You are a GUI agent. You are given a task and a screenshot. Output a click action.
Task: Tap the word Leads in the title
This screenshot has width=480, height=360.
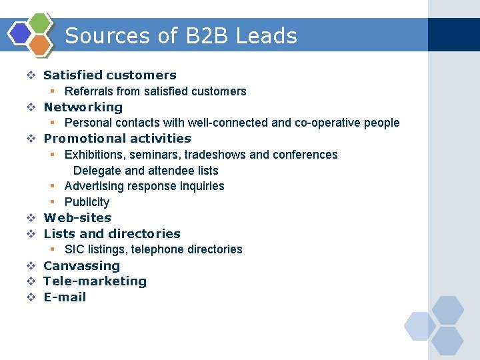coord(268,35)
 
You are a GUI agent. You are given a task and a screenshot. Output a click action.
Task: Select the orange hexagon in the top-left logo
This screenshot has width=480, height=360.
coord(40,45)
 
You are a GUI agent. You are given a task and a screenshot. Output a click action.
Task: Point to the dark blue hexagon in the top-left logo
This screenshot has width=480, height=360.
coord(21,33)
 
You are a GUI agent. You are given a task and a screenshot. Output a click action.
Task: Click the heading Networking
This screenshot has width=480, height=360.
coord(83,107)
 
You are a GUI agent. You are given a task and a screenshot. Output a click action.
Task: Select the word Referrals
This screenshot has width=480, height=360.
coord(88,91)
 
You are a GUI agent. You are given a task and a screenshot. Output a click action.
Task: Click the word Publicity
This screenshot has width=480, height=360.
coord(87,202)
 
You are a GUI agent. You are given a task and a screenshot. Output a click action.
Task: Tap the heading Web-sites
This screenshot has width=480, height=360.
coord(77,217)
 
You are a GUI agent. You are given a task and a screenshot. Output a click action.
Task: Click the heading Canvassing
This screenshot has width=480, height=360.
coord(81,265)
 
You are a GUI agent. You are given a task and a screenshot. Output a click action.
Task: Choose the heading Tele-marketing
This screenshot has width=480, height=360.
coord(95,281)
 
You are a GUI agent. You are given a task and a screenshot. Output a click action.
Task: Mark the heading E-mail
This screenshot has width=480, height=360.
coord(65,297)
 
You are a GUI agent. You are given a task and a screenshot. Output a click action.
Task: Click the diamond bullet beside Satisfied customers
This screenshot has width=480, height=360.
coord(31,75)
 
